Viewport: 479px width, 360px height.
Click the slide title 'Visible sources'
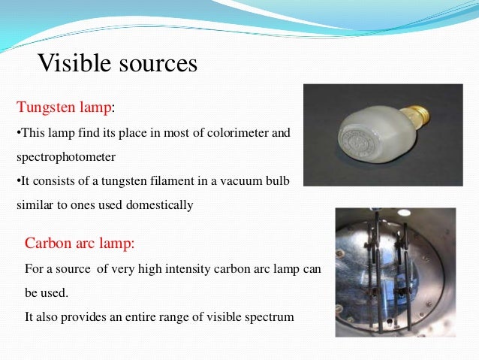117,63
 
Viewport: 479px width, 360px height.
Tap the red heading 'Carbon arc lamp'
80,244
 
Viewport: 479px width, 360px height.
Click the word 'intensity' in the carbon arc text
186,268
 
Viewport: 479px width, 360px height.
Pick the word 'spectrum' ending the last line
270,317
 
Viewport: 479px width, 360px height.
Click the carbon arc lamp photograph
395,272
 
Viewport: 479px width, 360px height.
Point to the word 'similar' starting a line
33,205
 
